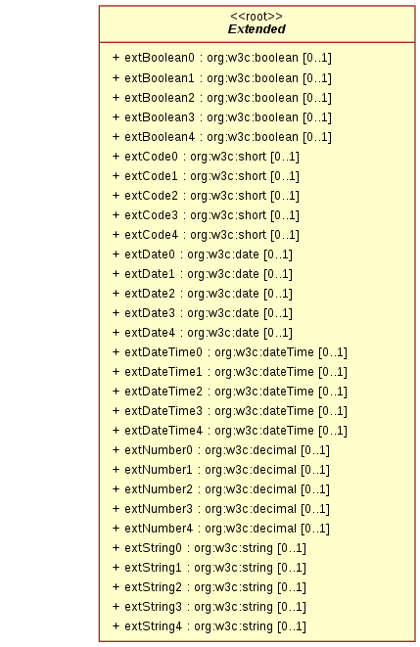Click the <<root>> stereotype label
click(x=257, y=17)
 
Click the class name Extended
click(x=257, y=29)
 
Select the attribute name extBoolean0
click(x=160, y=58)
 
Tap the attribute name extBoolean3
click(x=160, y=117)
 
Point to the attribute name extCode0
click(x=151, y=157)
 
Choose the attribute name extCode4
click(x=151, y=235)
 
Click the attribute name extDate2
click(x=150, y=294)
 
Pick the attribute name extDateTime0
click(x=163, y=352)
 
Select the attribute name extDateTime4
click(x=163, y=431)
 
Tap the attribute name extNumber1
click(x=159, y=470)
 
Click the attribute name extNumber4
click(x=159, y=529)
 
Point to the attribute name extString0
click(x=153, y=548)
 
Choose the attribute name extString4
click(x=153, y=626)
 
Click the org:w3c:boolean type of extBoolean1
click(x=252, y=78)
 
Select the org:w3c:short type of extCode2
click(x=228, y=196)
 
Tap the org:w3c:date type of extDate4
click(x=223, y=333)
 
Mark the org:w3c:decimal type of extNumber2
click(x=251, y=489)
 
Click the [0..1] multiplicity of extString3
click(x=292, y=607)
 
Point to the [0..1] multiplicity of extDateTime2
click(x=333, y=392)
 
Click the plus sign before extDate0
click(x=116, y=254)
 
